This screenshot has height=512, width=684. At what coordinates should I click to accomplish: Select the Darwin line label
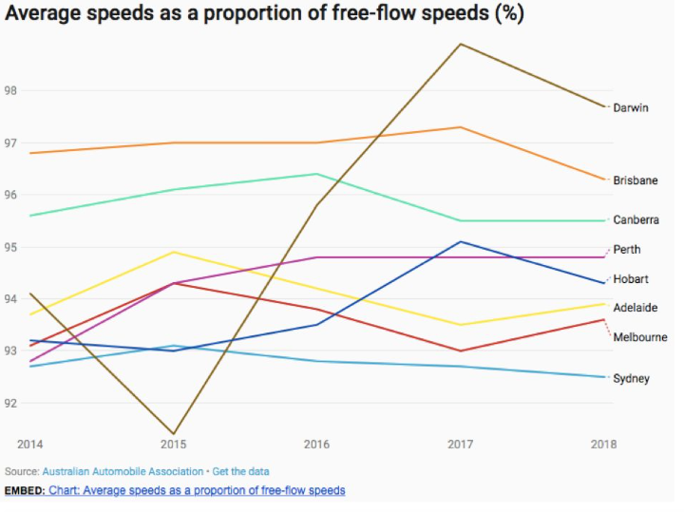(631, 107)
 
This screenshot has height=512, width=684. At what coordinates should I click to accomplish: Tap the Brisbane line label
(636, 180)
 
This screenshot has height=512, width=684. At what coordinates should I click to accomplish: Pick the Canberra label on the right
(636, 219)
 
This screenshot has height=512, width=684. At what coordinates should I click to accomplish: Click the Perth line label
(627, 250)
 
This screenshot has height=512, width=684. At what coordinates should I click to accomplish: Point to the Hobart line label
(631, 279)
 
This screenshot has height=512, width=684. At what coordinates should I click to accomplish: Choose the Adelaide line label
(636, 308)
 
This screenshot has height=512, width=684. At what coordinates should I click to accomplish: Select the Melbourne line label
(640, 337)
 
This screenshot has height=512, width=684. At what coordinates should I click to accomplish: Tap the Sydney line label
(631, 378)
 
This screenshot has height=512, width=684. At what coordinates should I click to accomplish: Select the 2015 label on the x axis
(173, 444)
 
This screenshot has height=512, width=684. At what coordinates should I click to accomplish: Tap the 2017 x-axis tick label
(461, 444)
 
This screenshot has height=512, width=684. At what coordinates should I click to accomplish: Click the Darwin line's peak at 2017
(461, 44)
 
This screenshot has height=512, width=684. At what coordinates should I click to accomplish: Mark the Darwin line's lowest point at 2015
(173, 434)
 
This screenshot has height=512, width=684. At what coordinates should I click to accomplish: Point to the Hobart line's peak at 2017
(461, 241)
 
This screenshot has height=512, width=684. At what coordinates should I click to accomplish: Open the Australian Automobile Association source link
(123, 471)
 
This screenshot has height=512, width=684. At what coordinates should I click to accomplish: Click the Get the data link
(240, 471)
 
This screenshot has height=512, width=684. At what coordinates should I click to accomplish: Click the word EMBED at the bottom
(24, 490)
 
